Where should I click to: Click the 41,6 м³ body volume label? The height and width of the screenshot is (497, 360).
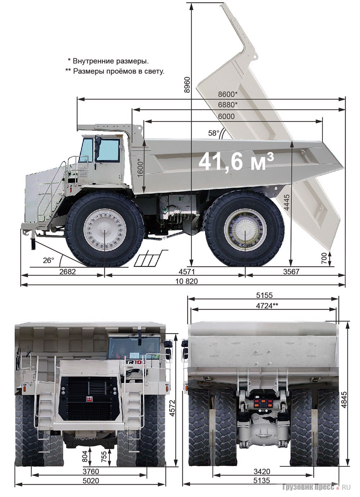click(x=236, y=162)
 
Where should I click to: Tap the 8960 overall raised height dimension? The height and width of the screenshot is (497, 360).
click(x=188, y=85)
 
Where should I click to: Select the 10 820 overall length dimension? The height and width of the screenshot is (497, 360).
click(x=186, y=281)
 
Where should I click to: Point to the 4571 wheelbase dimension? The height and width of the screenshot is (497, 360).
click(x=186, y=272)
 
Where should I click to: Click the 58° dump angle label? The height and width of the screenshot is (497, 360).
click(x=213, y=133)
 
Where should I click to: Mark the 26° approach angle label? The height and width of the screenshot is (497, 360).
click(x=48, y=260)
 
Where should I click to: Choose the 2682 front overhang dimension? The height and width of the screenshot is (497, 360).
click(x=67, y=272)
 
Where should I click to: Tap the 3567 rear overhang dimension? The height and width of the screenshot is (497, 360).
click(x=291, y=272)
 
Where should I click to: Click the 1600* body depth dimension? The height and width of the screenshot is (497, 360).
click(x=140, y=168)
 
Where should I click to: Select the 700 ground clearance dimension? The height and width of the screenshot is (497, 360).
click(x=324, y=258)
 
